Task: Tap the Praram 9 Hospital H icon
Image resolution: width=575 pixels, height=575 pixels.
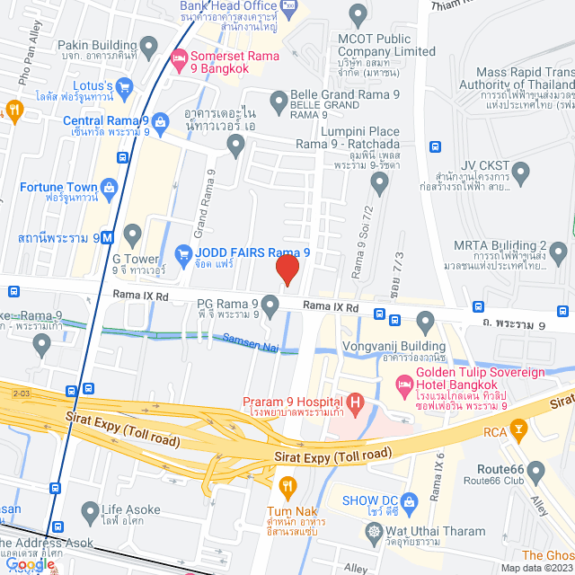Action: tap(356, 402)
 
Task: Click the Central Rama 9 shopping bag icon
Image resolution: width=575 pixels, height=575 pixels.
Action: tap(161, 120)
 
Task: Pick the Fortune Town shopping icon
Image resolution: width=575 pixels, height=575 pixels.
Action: tap(110, 187)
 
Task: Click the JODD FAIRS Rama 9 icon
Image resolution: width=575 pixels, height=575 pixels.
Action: tap(183, 253)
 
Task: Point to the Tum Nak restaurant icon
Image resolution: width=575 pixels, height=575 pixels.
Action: tap(287, 489)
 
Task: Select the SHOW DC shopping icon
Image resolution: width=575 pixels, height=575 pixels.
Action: tap(410, 500)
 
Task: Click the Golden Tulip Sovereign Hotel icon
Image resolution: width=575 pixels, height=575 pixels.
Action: tap(403, 381)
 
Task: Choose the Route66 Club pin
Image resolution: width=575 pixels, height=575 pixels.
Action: tap(536, 471)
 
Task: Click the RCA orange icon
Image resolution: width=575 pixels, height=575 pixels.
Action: tap(518, 429)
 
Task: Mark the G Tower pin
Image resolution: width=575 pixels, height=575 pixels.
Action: tap(133, 236)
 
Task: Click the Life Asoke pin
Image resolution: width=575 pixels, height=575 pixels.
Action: tap(89, 513)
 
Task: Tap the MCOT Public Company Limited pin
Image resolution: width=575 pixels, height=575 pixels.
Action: tap(358, 14)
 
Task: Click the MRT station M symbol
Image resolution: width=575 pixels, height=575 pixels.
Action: tap(107, 238)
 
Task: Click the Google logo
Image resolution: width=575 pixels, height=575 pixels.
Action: tap(30, 564)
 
